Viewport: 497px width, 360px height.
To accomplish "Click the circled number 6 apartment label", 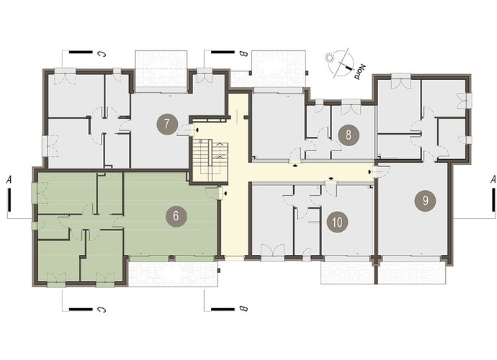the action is pos(176,216).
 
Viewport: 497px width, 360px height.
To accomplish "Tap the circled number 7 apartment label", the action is pos(167,124).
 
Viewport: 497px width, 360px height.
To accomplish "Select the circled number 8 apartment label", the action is pos(349,135).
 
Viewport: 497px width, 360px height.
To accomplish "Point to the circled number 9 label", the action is pos(426,201).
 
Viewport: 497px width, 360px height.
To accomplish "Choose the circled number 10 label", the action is pos(338,222).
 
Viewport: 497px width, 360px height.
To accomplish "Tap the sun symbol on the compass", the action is pos(329,58).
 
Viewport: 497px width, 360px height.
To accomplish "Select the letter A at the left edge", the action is pos(9,180).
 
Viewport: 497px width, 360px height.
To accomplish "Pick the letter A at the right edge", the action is pos(493,180).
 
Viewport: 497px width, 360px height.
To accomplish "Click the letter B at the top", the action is pos(243,54).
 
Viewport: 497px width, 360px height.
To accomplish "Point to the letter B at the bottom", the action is pos(243,309).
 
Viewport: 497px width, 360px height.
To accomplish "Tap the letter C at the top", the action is pos(102,54).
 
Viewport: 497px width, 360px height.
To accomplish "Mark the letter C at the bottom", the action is pos(102,309).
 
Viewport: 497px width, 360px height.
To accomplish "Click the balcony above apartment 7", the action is pos(161,71).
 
